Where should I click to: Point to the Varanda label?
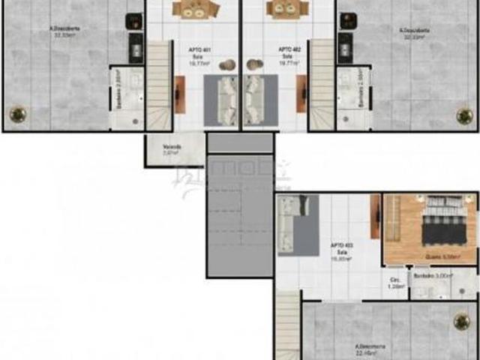[172, 148]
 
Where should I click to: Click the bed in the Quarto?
[447, 218]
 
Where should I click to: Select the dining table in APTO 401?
[196, 9]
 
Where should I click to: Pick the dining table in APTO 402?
[287, 9]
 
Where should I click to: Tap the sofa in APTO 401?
[226, 101]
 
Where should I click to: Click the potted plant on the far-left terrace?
[16, 115]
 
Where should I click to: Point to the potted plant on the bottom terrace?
[462, 322]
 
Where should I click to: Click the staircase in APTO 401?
[159, 86]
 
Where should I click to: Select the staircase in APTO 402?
[322, 86]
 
